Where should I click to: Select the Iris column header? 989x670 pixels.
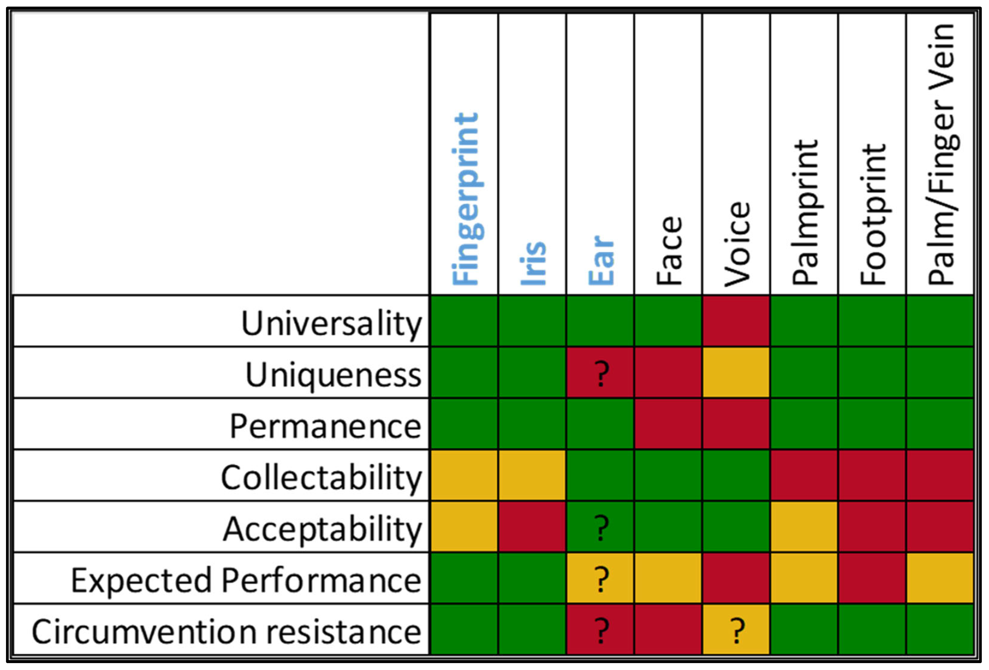point(533,263)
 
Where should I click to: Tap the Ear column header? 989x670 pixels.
point(601,260)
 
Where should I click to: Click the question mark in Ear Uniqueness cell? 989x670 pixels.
point(601,373)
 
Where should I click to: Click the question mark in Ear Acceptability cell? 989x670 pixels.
point(601,527)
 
